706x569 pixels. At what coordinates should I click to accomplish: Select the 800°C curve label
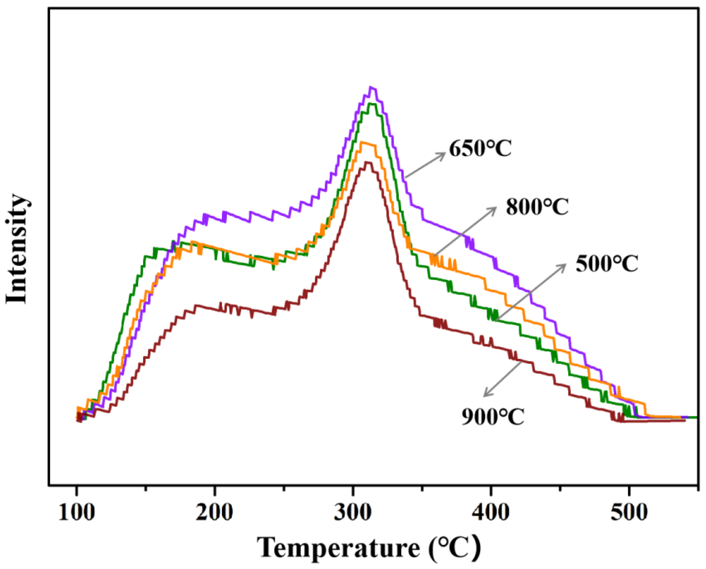tap(537, 207)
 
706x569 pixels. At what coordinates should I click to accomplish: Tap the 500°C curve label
tap(607, 264)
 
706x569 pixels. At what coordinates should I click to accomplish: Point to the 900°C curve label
tap(493, 417)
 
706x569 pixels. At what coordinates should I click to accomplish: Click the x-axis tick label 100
tap(77, 512)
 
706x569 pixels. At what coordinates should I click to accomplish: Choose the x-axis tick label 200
tap(214, 512)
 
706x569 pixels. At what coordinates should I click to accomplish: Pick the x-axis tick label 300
tap(353, 512)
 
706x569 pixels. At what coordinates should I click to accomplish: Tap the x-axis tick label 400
tap(491, 512)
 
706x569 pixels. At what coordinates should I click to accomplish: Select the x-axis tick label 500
tap(629, 512)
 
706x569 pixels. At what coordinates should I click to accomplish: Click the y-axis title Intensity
tap(16, 249)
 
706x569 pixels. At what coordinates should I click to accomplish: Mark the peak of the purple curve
tap(371, 88)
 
